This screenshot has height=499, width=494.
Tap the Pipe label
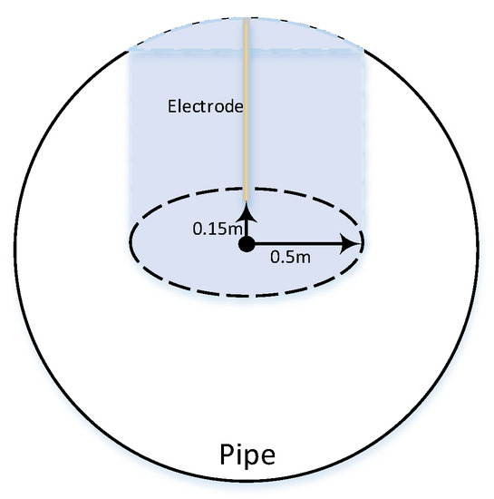[x=247, y=455]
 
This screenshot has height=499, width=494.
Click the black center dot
[x=246, y=244]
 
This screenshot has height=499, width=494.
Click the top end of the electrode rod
[x=246, y=20]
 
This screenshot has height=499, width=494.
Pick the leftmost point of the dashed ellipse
[x=131, y=243]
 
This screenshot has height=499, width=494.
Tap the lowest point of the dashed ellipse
[x=247, y=296]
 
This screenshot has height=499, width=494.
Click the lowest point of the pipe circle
[x=247, y=480]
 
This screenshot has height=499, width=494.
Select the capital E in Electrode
[x=172, y=106]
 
